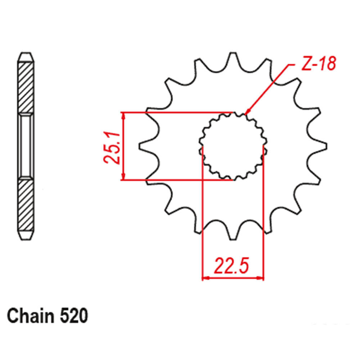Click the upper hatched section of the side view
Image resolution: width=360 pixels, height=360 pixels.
[x=27, y=86]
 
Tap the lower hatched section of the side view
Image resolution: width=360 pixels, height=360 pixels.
[x=27, y=205]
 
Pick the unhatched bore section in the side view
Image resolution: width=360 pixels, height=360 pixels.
[x=27, y=146]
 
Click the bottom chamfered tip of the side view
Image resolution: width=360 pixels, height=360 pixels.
[x=27, y=235]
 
